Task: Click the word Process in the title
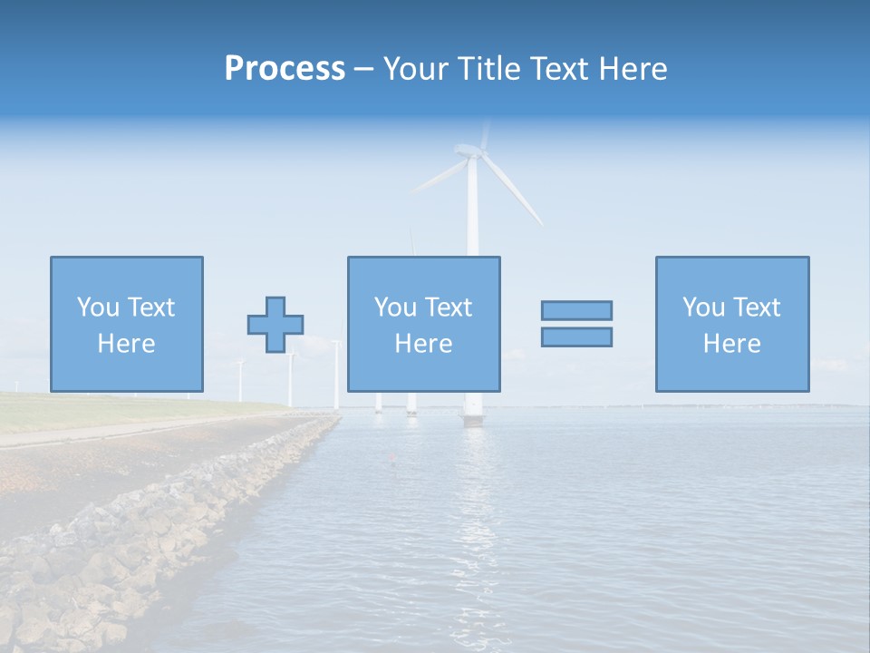point(285,69)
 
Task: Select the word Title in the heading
point(488,69)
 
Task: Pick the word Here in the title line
point(634,69)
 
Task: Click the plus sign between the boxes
point(275,325)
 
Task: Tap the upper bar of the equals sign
point(576,310)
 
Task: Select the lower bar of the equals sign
point(576,336)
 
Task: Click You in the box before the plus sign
point(96,307)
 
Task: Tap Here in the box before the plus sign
point(126,344)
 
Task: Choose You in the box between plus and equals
point(394,307)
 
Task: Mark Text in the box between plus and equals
point(447,307)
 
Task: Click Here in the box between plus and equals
point(423,344)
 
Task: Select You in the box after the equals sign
point(702,307)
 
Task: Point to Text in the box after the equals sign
point(755,307)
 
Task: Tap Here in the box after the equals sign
point(731,344)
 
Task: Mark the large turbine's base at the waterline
point(473,418)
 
